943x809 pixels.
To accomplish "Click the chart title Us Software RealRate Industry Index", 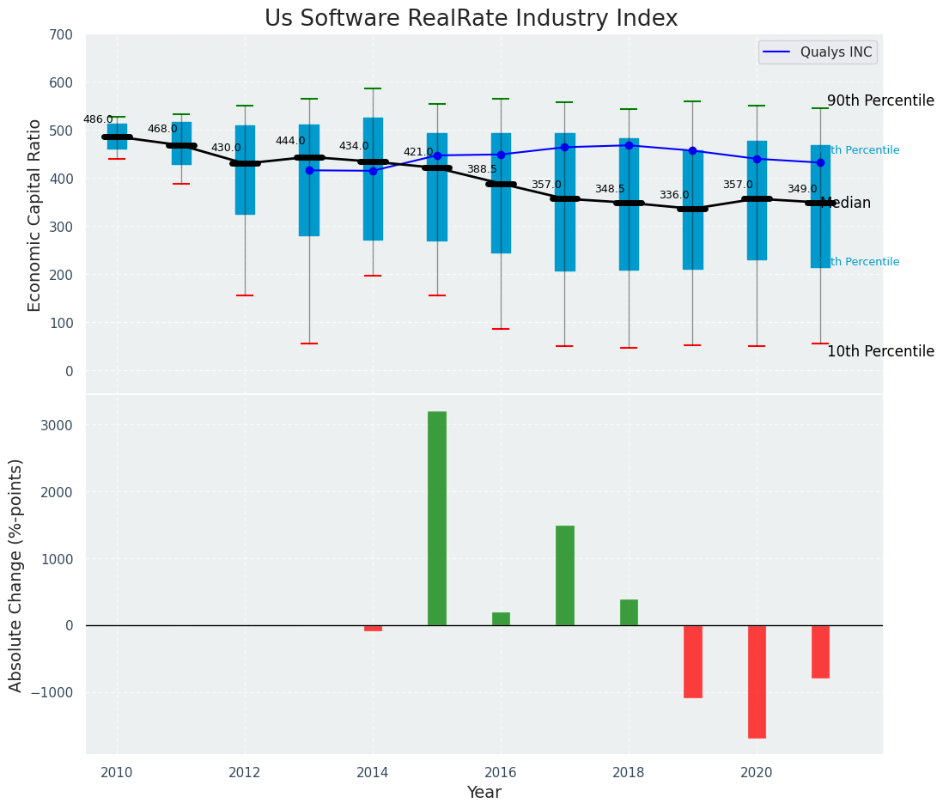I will coord(471,19).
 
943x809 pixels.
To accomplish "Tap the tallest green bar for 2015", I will coord(437,518).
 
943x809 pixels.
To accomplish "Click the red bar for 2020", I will coord(757,681).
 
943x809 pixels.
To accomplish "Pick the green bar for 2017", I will coord(564,575).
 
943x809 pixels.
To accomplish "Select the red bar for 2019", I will coord(693,661).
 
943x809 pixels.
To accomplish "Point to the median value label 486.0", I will coord(98,119).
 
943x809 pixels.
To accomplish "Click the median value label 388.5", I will coord(482,170).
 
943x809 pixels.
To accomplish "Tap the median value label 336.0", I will coord(674,196).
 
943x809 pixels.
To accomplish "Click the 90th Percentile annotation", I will coord(880,100).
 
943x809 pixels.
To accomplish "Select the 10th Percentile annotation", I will coord(880,351).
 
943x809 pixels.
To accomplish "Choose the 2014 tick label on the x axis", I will coord(373,772).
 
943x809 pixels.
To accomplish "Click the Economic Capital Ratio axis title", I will coord(35,215).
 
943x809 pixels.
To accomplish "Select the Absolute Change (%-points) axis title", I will coord(16,575).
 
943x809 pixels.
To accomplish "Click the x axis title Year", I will coord(484,793).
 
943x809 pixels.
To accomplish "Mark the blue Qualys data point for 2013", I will coord(309,170).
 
